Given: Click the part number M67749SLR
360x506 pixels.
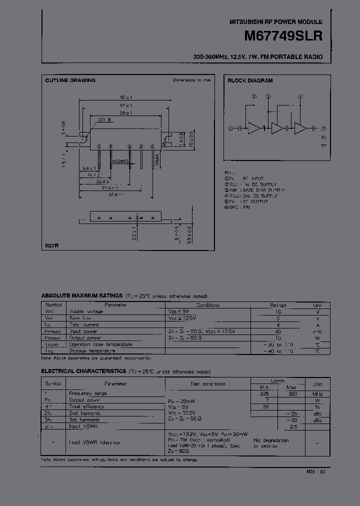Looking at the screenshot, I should coord(283,36).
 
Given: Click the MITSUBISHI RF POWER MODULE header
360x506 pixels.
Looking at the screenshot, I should coord(275,22).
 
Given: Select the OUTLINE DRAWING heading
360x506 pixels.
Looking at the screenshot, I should coord(70,80).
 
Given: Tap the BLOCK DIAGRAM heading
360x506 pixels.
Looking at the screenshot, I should coord(250,80).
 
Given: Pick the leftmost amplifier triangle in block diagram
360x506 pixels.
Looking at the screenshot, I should coord(255,128).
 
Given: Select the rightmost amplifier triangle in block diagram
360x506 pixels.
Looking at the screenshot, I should coord(300,128).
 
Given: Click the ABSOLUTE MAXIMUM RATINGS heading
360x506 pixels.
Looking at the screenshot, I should coord(81,296).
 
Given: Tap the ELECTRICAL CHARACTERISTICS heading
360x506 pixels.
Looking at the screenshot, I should coord(83,371).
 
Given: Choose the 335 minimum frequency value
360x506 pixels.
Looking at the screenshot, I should coord(264,394).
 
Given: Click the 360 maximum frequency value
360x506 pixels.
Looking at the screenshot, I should coord(292,394).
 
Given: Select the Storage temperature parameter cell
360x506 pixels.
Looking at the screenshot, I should coord(92,350).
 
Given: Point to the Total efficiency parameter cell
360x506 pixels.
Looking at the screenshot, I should coord(87,407).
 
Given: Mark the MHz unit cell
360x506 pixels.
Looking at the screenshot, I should coord(317,394).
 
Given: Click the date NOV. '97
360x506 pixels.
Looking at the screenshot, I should coord(315,471).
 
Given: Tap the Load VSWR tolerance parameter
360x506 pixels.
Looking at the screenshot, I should coord(94,442).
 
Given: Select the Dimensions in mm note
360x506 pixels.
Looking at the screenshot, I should coord(192,80).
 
